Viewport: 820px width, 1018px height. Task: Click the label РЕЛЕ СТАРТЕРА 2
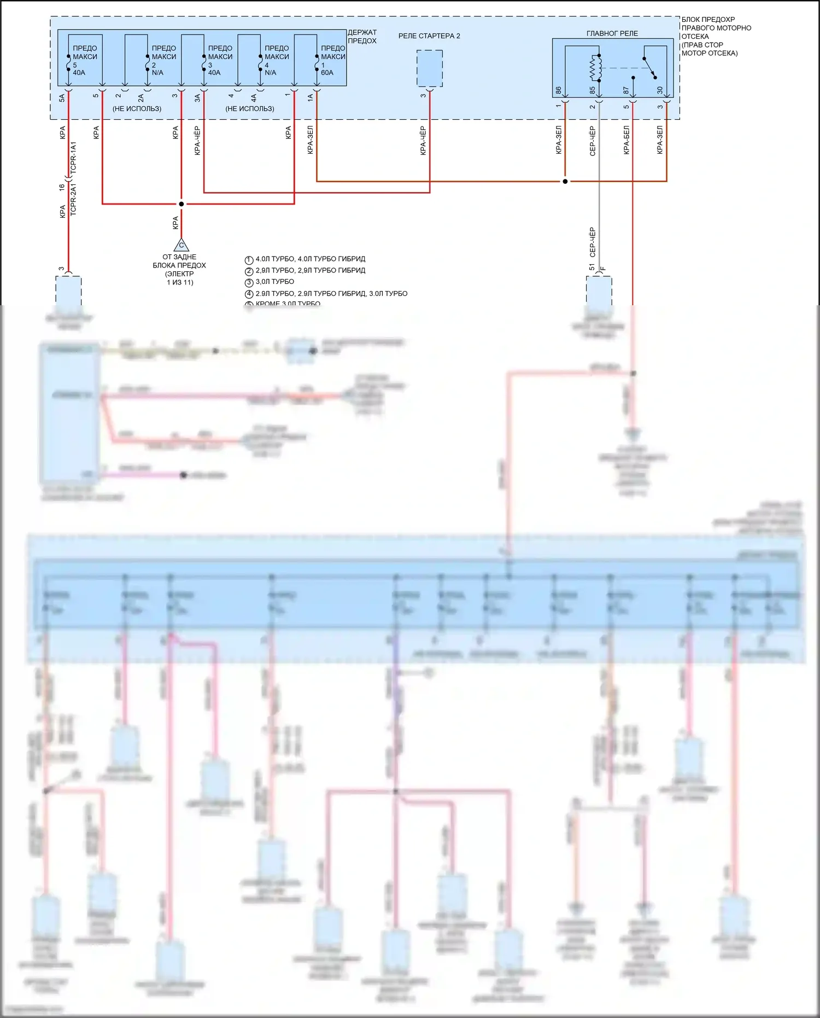[x=429, y=36]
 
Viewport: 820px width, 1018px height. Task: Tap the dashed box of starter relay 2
[x=430, y=68]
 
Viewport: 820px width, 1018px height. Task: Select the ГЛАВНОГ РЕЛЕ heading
[x=612, y=33]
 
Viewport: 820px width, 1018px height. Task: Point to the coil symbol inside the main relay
[x=596, y=68]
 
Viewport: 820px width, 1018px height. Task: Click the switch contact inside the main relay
[x=650, y=67]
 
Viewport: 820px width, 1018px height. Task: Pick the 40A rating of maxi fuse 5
[x=79, y=73]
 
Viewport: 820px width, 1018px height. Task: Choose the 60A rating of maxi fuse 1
[x=327, y=73]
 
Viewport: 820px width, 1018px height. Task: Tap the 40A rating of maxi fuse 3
[x=214, y=73]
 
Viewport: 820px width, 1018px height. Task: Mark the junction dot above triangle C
[x=181, y=204]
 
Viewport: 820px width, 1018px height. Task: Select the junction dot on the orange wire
[x=565, y=181]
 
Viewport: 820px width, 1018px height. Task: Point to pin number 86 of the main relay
[x=559, y=90]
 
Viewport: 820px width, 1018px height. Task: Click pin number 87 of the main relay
[x=626, y=90]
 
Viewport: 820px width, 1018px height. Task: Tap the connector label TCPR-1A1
[x=74, y=158]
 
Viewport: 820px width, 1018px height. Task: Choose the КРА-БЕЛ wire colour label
[x=626, y=140]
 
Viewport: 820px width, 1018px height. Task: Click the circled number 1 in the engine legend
[x=249, y=260]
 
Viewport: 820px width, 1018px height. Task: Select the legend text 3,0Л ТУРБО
[x=275, y=282]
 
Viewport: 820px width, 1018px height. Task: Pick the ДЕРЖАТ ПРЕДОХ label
[x=362, y=37]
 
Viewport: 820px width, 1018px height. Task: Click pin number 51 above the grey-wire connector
[x=591, y=267]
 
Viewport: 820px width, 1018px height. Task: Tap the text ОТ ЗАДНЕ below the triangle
[x=179, y=257]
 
